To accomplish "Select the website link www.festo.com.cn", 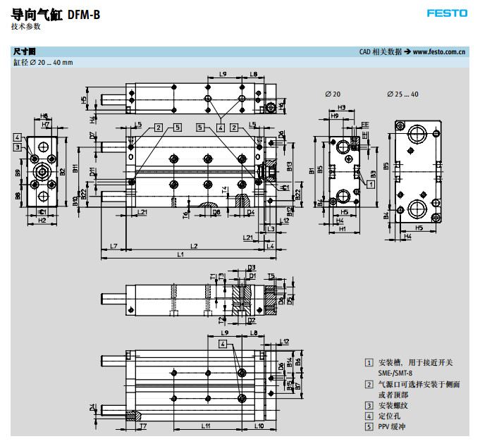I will [x=439, y=51].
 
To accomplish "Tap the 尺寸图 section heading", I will [x=24, y=51].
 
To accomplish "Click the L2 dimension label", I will [x=193, y=244].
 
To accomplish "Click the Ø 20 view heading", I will [x=333, y=94].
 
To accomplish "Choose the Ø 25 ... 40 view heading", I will [x=402, y=94].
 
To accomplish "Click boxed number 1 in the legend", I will [x=369, y=362].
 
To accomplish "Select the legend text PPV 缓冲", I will [x=393, y=426].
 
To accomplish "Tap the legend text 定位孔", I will [x=389, y=416].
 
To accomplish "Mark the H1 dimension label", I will [x=342, y=228].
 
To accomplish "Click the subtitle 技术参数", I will [x=26, y=26].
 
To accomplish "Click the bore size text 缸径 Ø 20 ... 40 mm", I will [x=43, y=62].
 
